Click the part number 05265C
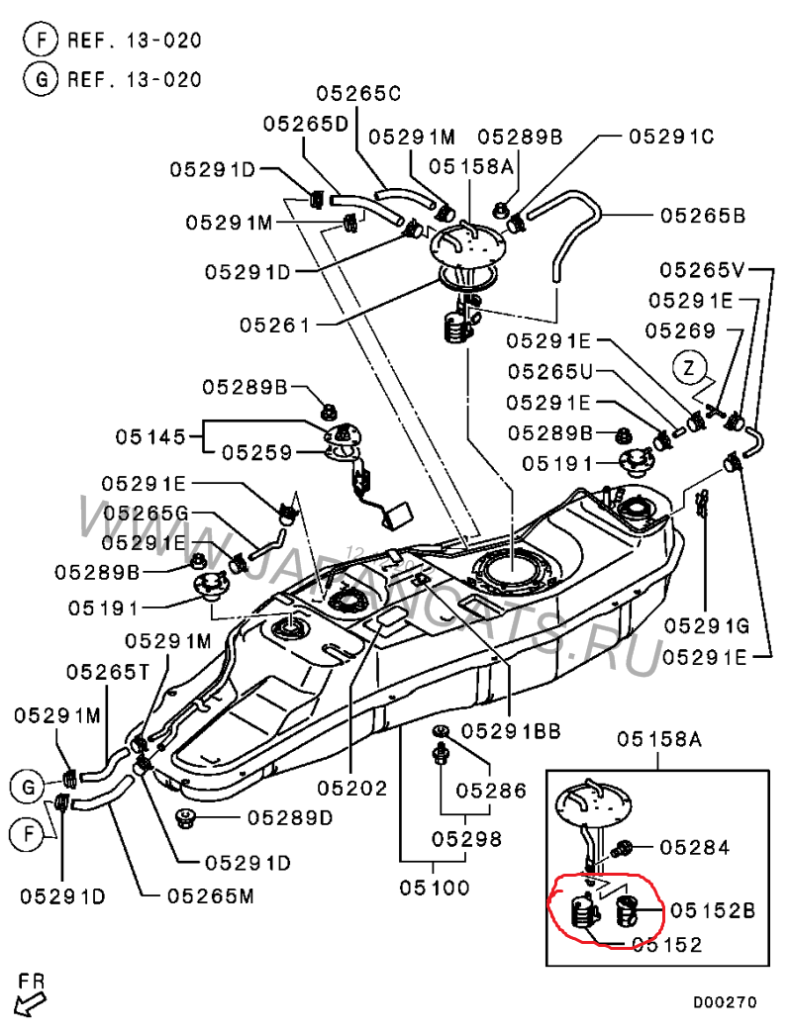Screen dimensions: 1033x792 358,94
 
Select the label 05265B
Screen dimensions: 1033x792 703,214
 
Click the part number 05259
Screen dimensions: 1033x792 256,453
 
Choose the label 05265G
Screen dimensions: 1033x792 147,514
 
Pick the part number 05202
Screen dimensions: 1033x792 352,788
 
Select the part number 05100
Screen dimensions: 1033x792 435,888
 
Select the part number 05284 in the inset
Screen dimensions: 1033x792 694,847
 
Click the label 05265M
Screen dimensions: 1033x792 209,895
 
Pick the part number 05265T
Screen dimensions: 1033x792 108,672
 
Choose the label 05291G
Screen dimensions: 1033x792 706,625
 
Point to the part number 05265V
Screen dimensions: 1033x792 703,268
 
